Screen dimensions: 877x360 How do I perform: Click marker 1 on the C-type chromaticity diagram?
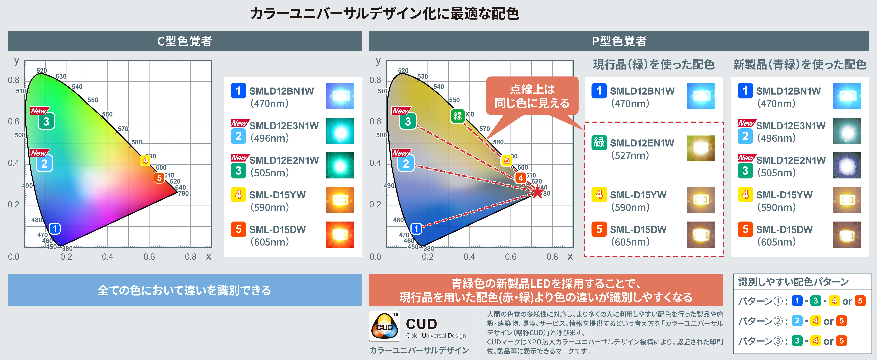click(55, 229)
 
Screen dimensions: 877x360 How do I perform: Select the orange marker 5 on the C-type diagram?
click(159, 178)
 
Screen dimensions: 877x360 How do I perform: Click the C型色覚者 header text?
click(184, 41)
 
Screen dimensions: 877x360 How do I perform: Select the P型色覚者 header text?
click(619, 41)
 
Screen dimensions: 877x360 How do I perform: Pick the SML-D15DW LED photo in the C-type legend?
click(340, 234)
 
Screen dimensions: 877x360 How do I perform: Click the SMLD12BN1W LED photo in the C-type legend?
click(340, 96)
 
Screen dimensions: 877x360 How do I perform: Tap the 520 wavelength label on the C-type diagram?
click(42, 70)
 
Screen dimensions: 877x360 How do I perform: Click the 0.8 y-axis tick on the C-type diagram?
click(14, 80)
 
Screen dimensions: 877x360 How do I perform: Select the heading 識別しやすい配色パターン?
click(793, 282)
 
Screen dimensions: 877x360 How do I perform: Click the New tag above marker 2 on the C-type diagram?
click(39, 153)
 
